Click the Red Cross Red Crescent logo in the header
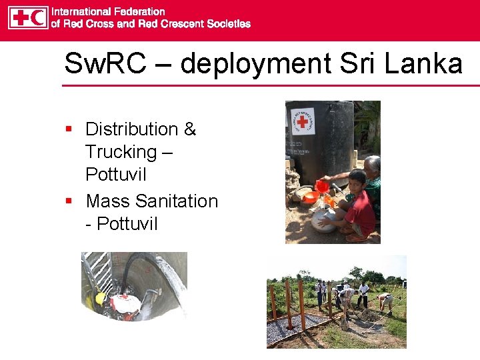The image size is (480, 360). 28,17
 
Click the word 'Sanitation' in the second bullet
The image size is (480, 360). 177,201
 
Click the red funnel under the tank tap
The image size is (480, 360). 322,186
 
